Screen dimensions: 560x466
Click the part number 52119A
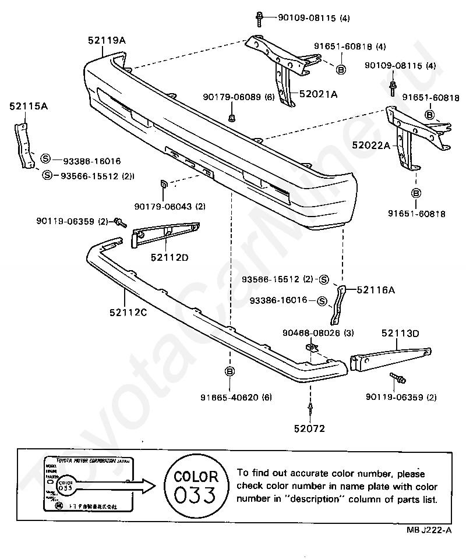click(107, 40)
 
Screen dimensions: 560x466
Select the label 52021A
click(318, 93)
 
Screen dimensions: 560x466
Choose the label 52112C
click(126, 313)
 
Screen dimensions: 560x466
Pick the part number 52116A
click(375, 289)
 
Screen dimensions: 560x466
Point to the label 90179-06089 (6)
click(239, 97)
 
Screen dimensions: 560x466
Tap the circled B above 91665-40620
click(230, 371)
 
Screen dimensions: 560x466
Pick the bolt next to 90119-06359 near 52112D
click(120, 222)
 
